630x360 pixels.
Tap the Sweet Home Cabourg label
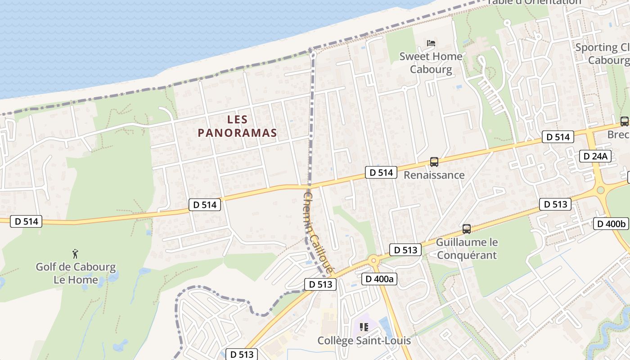click(431, 63)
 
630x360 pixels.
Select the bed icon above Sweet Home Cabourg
click(431, 43)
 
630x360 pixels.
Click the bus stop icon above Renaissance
click(434, 162)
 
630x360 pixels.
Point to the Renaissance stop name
click(434, 175)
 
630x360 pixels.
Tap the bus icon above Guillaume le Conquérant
click(467, 229)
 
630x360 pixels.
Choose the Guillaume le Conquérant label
click(467, 248)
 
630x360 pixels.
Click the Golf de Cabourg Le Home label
click(76, 273)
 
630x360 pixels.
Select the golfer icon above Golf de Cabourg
click(76, 254)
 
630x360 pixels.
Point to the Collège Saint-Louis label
click(364, 340)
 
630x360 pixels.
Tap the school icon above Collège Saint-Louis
click(364, 327)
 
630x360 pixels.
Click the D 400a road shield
click(379, 279)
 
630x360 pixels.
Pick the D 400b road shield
click(611, 224)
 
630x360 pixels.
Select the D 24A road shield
click(595, 156)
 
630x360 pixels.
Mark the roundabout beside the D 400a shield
click(373, 261)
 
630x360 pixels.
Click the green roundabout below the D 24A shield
click(600, 190)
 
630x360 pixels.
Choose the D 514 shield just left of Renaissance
click(381, 172)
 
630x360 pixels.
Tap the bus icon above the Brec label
click(624, 121)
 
